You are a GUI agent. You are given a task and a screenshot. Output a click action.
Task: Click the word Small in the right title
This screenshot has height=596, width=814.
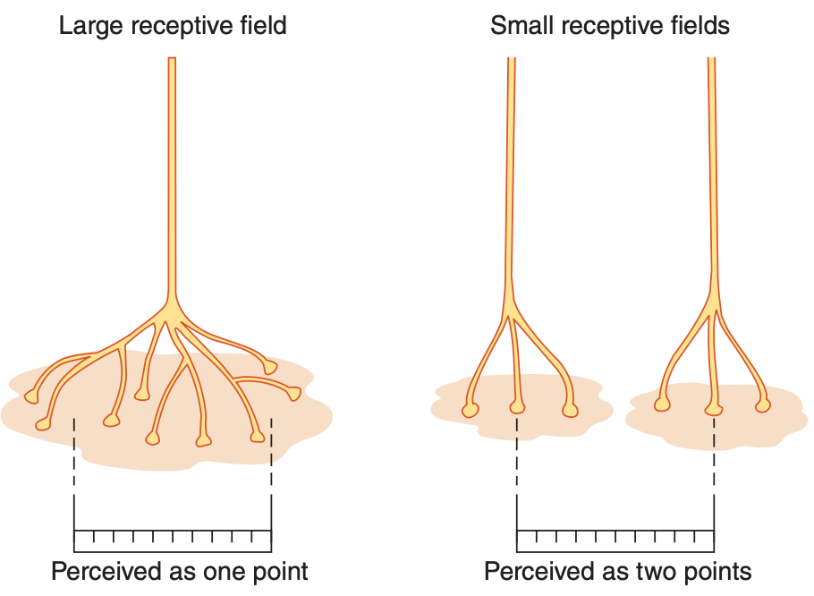coord(525,25)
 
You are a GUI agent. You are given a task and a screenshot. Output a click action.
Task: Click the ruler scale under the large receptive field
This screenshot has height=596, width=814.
coord(173,541)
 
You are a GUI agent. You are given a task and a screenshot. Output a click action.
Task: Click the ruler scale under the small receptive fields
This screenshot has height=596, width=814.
coord(615,541)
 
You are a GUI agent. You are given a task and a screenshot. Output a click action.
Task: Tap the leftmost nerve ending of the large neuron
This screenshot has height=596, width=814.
coord(31,396)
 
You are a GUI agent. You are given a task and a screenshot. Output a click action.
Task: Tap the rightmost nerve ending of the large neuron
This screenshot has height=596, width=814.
coord(293,394)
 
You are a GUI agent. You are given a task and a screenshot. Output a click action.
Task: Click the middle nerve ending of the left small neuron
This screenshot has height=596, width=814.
coord(517,407)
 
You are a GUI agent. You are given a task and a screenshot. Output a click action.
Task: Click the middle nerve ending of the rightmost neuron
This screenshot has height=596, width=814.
coord(713,410)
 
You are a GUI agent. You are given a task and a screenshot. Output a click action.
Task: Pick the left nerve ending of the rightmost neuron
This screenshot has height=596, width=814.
coord(661,404)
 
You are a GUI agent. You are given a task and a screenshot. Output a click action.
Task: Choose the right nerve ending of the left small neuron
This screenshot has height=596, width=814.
coord(570,411)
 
